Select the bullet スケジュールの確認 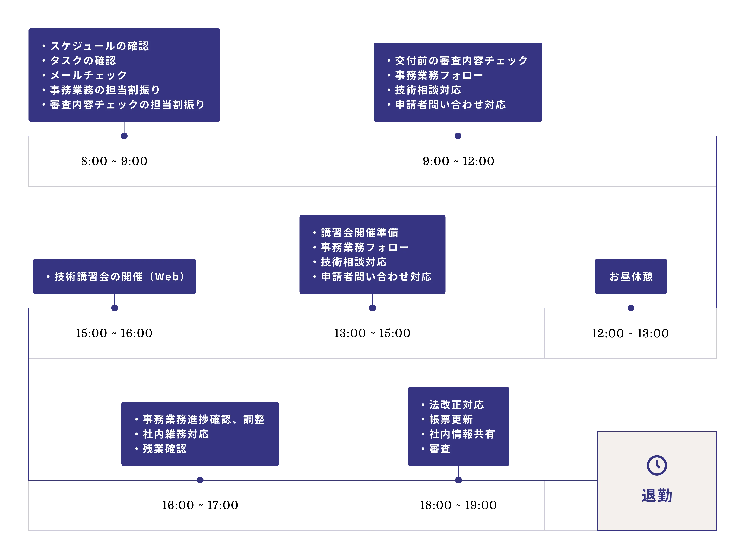coord(99,46)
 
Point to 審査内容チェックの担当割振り coord(127,105)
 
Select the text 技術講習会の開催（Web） coord(120,277)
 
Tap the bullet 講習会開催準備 coord(359,233)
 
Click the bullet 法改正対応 coord(456,404)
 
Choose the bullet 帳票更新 coord(451,419)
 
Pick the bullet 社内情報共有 coord(462,434)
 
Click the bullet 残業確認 coord(164,449)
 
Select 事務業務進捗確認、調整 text coord(203,419)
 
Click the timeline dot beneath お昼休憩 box coord(631,308)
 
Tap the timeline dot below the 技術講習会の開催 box coord(115,308)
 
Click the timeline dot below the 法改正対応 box coord(458,480)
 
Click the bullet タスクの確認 coord(83,61)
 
